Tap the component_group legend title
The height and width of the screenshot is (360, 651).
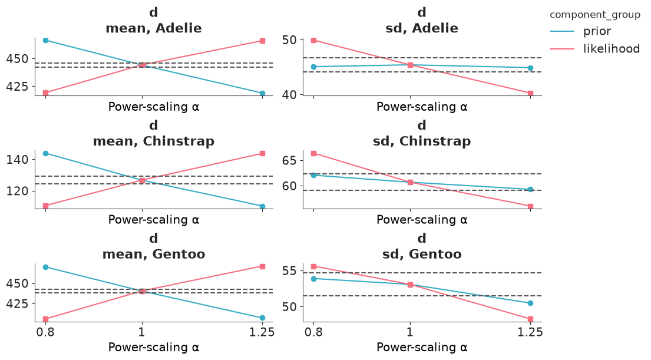point(595,15)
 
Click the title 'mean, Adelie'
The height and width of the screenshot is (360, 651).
point(154,28)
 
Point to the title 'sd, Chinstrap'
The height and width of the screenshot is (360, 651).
point(422,141)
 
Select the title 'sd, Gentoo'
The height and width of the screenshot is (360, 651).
point(422,254)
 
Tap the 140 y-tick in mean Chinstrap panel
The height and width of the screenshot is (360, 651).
point(18,160)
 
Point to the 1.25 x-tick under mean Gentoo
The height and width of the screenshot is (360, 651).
point(262,332)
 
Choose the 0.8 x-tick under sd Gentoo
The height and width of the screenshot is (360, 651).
point(313,332)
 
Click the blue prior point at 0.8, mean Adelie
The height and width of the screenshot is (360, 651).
point(46,40)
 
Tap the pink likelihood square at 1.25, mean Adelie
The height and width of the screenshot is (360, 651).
point(262,41)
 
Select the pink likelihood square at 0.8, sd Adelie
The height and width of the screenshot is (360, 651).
point(314,40)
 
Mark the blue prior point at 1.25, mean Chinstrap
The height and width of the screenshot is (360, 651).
point(262,206)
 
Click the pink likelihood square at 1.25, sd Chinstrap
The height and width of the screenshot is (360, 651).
point(531,206)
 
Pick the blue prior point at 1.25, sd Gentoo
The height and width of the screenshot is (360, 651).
point(531,303)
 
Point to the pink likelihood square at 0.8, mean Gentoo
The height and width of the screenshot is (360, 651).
point(46,319)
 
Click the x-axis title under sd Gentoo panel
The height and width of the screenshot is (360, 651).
point(422,347)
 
